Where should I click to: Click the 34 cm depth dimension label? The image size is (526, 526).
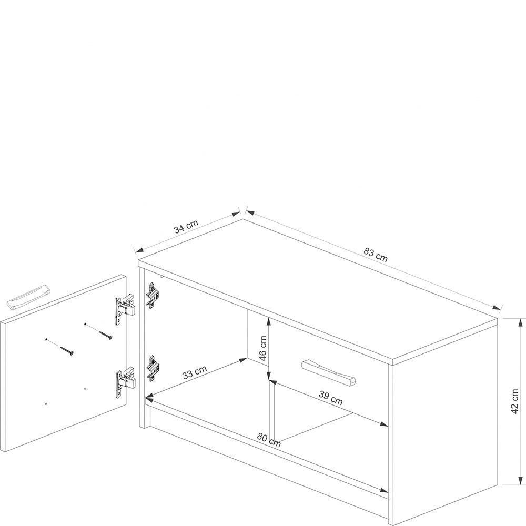(186, 226)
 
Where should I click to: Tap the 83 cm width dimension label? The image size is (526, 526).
(376, 255)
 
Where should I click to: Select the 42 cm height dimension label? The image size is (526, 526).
(514, 401)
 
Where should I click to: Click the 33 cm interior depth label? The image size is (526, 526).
(195, 372)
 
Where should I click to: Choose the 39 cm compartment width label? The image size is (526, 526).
(330, 398)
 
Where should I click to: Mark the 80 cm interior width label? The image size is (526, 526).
(269, 440)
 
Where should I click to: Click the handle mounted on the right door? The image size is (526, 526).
(329, 372)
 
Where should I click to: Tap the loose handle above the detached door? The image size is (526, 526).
(29, 296)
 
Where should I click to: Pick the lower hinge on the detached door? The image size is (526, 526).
(126, 381)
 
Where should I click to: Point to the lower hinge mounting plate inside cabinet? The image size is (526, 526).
(153, 368)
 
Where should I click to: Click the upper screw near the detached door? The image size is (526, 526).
(105, 335)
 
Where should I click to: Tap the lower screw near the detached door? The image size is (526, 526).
(66, 350)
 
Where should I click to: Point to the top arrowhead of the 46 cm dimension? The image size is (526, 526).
(269, 322)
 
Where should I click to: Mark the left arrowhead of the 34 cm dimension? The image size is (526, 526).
(139, 250)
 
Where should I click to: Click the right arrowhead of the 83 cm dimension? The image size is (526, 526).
(496, 308)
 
